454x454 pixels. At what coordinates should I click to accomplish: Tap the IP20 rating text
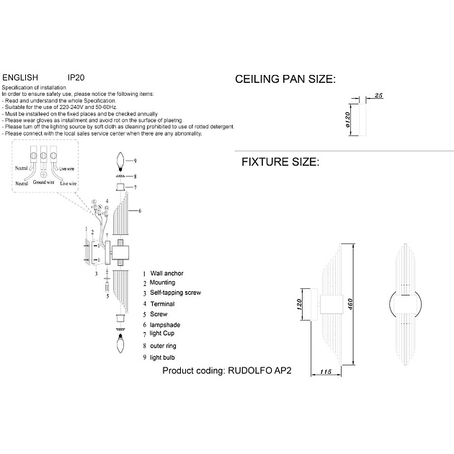pos(76,76)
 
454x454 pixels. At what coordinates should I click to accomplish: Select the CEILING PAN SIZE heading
pos(286,79)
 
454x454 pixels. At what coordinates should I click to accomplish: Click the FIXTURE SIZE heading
pos(280,163)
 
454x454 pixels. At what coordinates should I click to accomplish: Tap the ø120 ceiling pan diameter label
pos(348,119)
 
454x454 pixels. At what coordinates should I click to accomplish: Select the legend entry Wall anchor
pos(168,275)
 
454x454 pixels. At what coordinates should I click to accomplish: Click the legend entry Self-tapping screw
pos(176,294)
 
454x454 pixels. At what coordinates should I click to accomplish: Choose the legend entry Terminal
pos(164,304)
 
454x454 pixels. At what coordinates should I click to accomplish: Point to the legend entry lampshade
pos(166,326)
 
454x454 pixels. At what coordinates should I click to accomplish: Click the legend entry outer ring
pos(165,346)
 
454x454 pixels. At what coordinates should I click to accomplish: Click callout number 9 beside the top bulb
pos(134,159)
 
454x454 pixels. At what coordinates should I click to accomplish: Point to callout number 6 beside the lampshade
pos(139,210)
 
